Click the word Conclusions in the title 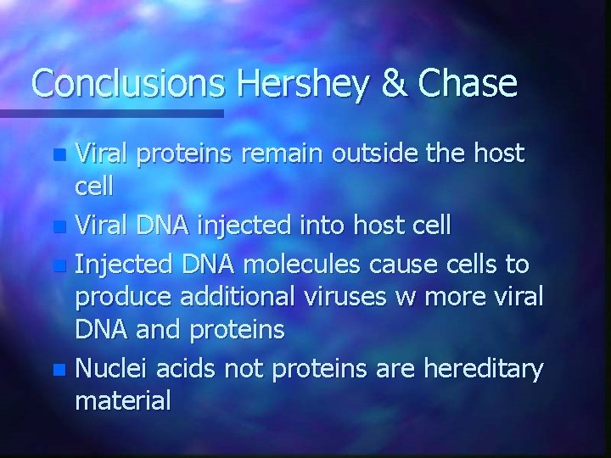(x=125, y=84)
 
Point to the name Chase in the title (x=472, y=84)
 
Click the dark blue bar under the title (x=111, y=112)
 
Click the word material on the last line (x=123, y=400)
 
